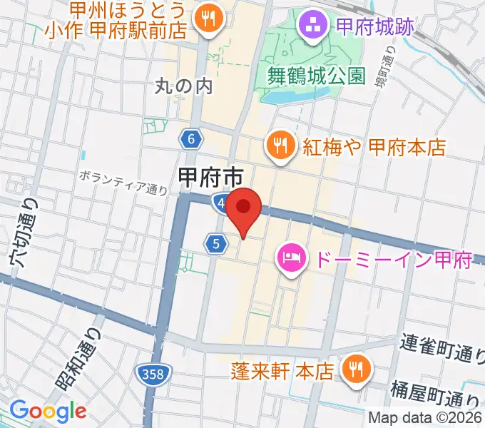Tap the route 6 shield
(191, 141)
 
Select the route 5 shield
(216, 244)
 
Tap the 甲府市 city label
(210, 176)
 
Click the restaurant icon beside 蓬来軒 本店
(354, 370)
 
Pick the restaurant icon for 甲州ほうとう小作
(208, 20)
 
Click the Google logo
(48, 411)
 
